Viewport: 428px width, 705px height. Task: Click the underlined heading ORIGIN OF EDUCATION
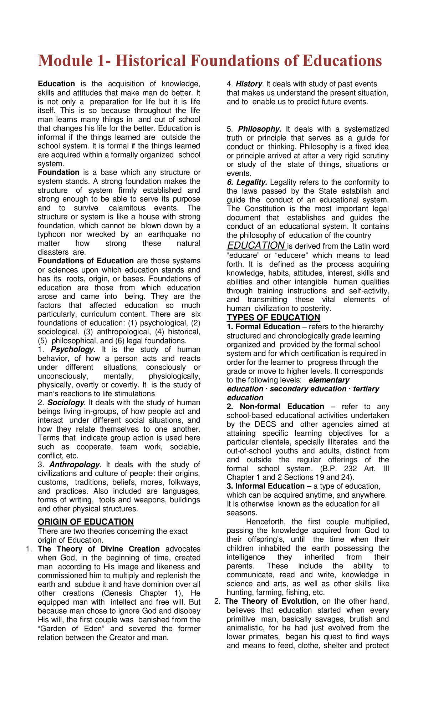pos(86,522)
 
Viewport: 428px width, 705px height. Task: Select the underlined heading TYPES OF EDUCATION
pos(273,318)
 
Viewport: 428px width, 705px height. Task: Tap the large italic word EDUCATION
pos(256,245)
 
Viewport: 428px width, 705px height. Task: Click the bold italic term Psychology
pos(72,349)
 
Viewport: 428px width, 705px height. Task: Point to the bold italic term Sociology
pos(66,402)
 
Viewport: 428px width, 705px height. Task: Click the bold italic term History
pos(249,84)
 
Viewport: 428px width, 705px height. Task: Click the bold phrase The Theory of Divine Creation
pos(98,549)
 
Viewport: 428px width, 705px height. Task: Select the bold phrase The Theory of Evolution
pos(270,601)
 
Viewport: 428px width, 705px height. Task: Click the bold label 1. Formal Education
pos(263,327)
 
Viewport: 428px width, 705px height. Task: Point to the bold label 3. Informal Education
pos(265,486)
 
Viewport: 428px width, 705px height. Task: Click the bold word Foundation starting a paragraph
pos(58,172)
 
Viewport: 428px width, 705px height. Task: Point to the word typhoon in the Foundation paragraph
pos(51,234)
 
